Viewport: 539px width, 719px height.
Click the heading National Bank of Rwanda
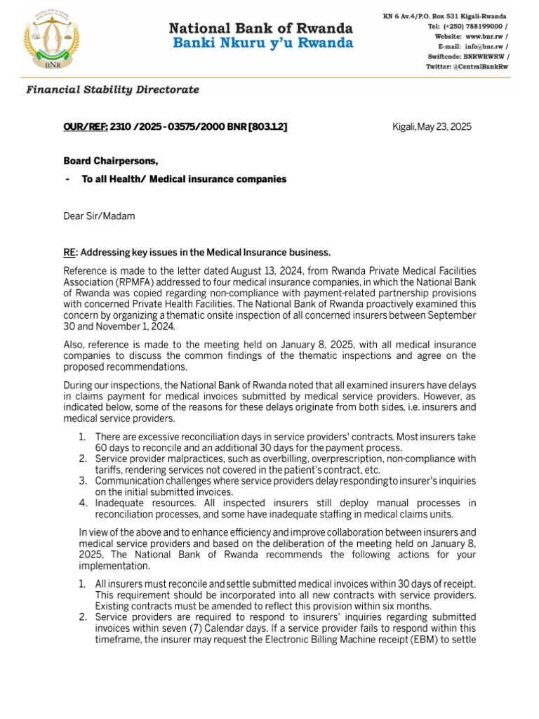(x=260, y=29)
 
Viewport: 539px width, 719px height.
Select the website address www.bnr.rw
(x=482, y=36)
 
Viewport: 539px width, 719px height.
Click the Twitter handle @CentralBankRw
(x=478, y=66)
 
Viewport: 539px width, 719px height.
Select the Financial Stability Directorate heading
(x=112, y=90)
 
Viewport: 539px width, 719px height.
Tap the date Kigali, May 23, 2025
(x=432, y=126)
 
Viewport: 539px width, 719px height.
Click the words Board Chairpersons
(x=111, y=161)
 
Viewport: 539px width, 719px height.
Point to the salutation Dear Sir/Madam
(x=99, y=216)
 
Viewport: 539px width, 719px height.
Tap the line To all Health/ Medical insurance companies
(x=184, y=179)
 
